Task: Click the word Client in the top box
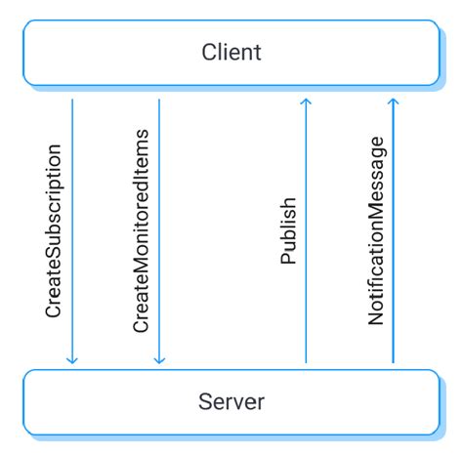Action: tap(231, 51)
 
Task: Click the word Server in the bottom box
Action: tap(231, 401)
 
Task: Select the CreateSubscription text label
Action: tap(55, 231)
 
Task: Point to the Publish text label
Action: tap(288, 231)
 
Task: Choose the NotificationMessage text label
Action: tap(376, 231)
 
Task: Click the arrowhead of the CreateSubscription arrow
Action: tap(71, 360)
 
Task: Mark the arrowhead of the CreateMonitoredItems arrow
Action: tap(159, 360)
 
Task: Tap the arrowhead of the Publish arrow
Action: tap(306, 100)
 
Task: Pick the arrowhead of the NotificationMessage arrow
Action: tap(393, 100)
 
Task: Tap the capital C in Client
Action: tap(208, 51)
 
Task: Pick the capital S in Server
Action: tap(204, 401)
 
